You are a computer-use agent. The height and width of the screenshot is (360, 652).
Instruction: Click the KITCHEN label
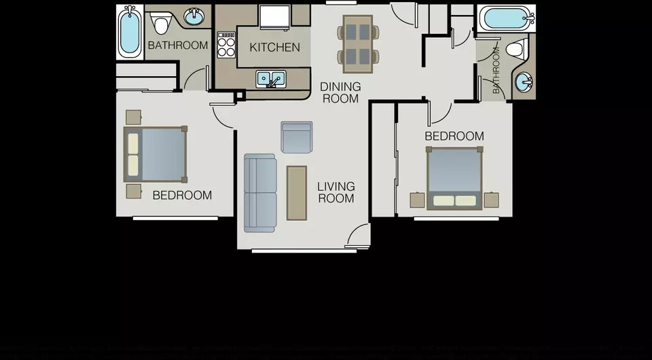pos(274,48)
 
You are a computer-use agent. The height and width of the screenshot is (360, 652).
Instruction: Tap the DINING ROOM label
pos(340,92)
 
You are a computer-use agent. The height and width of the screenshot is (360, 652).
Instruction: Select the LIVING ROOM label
pos(336,192)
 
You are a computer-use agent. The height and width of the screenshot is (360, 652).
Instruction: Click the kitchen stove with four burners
pos(226,44)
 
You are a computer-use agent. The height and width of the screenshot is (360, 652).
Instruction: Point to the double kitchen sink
pos(271,79)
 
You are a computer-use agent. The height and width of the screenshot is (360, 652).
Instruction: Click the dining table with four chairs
pos(358,44)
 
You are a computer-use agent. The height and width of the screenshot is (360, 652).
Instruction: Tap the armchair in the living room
pos(297,137)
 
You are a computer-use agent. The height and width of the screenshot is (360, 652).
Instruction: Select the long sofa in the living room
pos(260,193)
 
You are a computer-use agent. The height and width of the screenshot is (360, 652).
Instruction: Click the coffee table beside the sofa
pos(297,193)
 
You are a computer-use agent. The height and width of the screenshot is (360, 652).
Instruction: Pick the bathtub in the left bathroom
pos(130,32)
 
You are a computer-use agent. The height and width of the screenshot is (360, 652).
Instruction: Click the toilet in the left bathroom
pos(161,23)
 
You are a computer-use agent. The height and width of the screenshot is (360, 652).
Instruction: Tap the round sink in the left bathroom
pos(194,17)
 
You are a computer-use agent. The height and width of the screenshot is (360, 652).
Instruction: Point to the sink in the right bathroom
pos(524,82)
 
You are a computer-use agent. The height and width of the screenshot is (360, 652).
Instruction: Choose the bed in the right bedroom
pos(454,178)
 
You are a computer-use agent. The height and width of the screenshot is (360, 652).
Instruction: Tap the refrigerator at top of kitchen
pos(275,18)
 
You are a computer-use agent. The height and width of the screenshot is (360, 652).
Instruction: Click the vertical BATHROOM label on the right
pos(496,70)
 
